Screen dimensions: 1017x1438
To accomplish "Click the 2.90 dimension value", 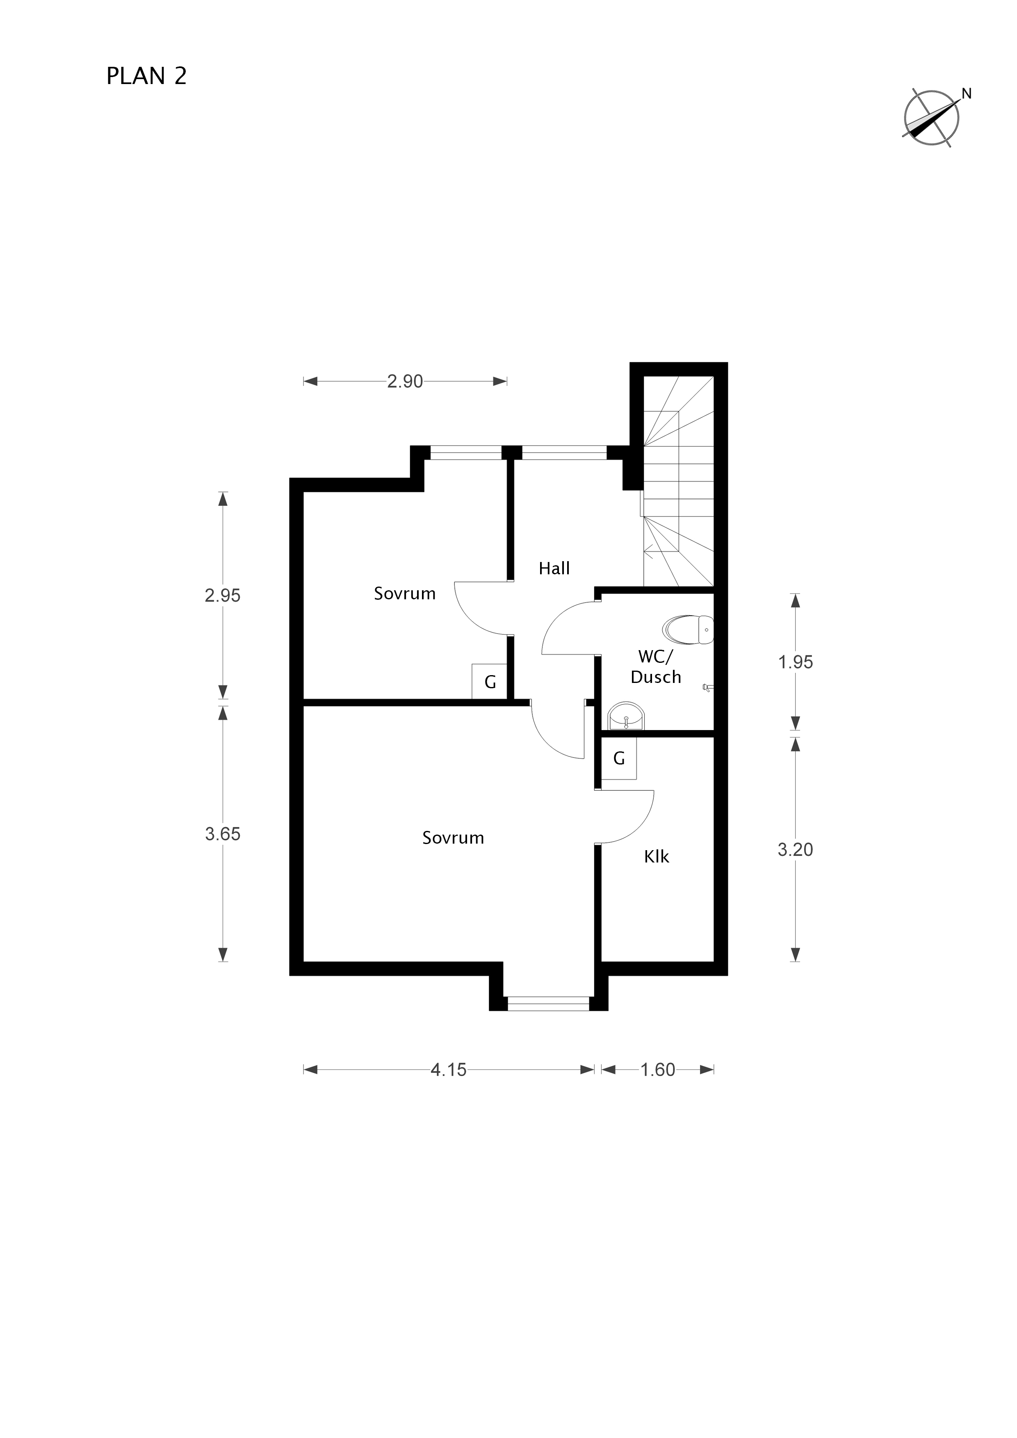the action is [x=405, y=381].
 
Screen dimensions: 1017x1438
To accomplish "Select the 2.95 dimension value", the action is [x=222, y=596].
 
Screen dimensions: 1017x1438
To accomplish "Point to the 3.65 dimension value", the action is [x=222, y=834].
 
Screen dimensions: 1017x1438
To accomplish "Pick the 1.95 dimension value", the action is [x=795, y=662].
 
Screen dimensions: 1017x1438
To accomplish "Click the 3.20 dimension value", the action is [x=795, y=850].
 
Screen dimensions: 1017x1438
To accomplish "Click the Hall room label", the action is [x=554, y=569].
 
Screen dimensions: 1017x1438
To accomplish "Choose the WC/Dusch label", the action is [x=655, y=667].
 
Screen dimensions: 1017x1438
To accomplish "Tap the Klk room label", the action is [x=657, y=857].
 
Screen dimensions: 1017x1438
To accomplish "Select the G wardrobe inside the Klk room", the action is [x=619, y=758].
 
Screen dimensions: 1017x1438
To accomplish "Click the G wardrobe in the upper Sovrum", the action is [x=489, y=681].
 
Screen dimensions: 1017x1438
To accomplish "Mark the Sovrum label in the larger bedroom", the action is [x=453, y=838].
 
